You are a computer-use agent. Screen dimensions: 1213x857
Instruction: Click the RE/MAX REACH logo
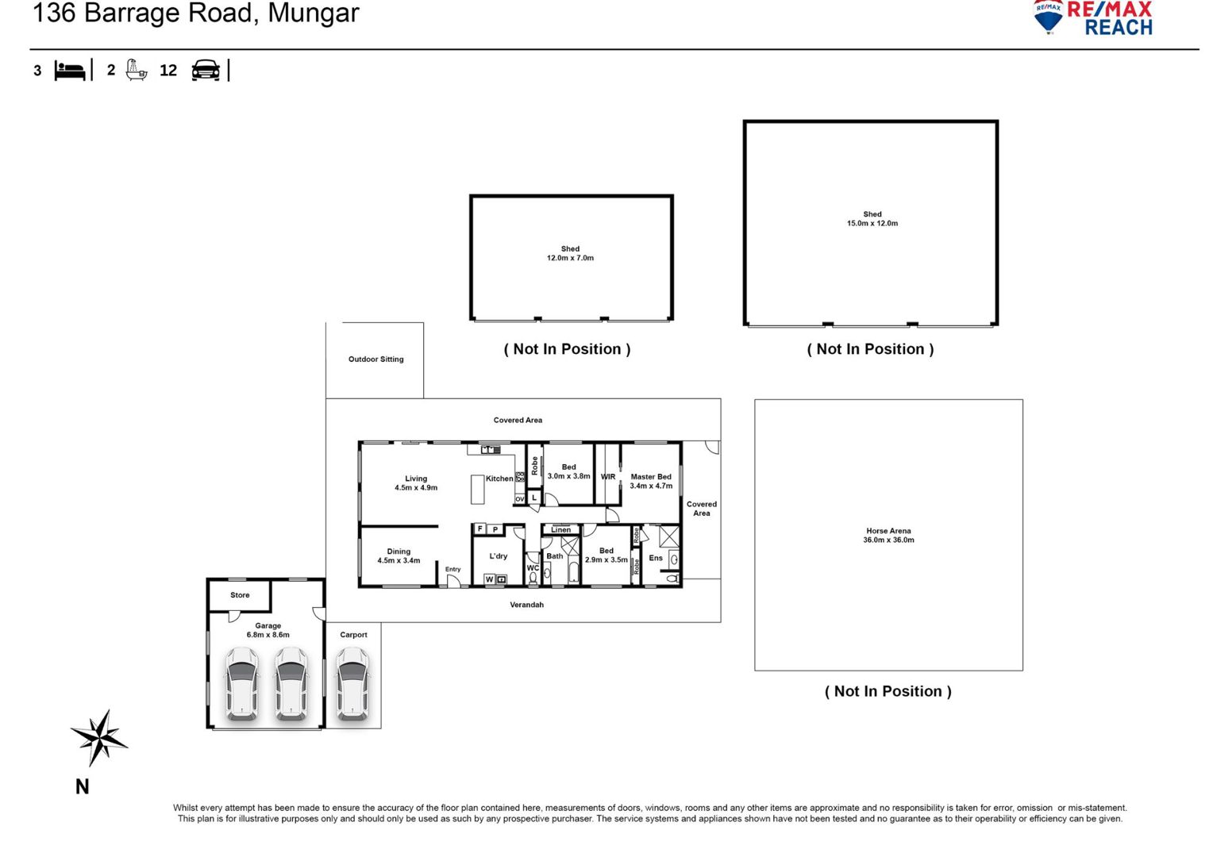pos(1092,18)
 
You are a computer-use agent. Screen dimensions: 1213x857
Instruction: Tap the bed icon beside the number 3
pos(70,71)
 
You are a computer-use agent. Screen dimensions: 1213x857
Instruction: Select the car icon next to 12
pos(206,71)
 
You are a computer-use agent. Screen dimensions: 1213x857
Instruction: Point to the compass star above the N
pos(99,737)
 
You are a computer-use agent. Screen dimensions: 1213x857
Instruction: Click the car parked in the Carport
pos(352,684)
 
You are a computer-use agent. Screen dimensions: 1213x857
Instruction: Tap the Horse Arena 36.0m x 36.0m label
pos(888,535)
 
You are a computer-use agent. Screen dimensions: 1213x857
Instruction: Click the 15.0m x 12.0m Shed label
pos(872,218)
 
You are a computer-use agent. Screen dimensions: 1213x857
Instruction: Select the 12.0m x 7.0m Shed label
pos(570,253)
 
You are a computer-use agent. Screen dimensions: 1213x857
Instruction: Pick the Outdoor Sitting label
pos(375,359)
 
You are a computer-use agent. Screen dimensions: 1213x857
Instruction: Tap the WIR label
pos(607,476)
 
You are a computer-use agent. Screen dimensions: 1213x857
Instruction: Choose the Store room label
pos(240,594)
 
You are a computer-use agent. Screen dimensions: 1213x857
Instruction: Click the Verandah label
pos(526,604)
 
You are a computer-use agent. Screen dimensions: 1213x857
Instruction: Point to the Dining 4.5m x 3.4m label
pos(399,555)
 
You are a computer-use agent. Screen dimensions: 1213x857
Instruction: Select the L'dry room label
pos(499,555)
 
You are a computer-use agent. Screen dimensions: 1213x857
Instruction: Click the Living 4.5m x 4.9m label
pos(416,482)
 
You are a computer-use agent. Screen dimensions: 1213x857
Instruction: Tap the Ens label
pos(655,558)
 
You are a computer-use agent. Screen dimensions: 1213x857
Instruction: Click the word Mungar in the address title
pos(314,13)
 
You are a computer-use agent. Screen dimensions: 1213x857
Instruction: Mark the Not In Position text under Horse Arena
pos(888,691)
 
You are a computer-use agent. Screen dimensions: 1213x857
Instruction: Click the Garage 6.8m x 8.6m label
pos(268,629)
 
